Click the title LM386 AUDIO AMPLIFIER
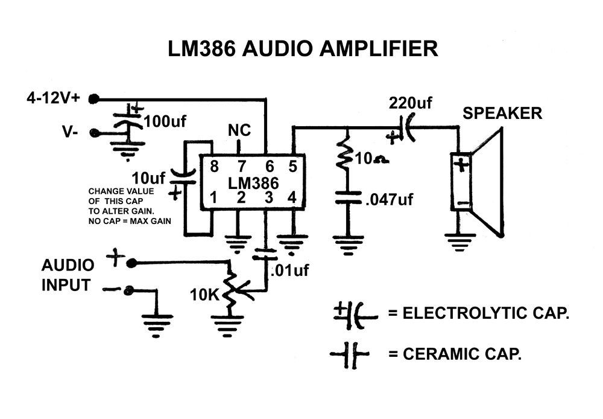303,48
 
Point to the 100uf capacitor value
165,122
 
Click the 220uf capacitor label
411,103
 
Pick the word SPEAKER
502,113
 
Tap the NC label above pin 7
239,131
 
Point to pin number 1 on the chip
213,197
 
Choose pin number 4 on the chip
292,197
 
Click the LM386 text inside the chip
253,182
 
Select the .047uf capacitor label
389,199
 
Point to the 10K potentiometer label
206,296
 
